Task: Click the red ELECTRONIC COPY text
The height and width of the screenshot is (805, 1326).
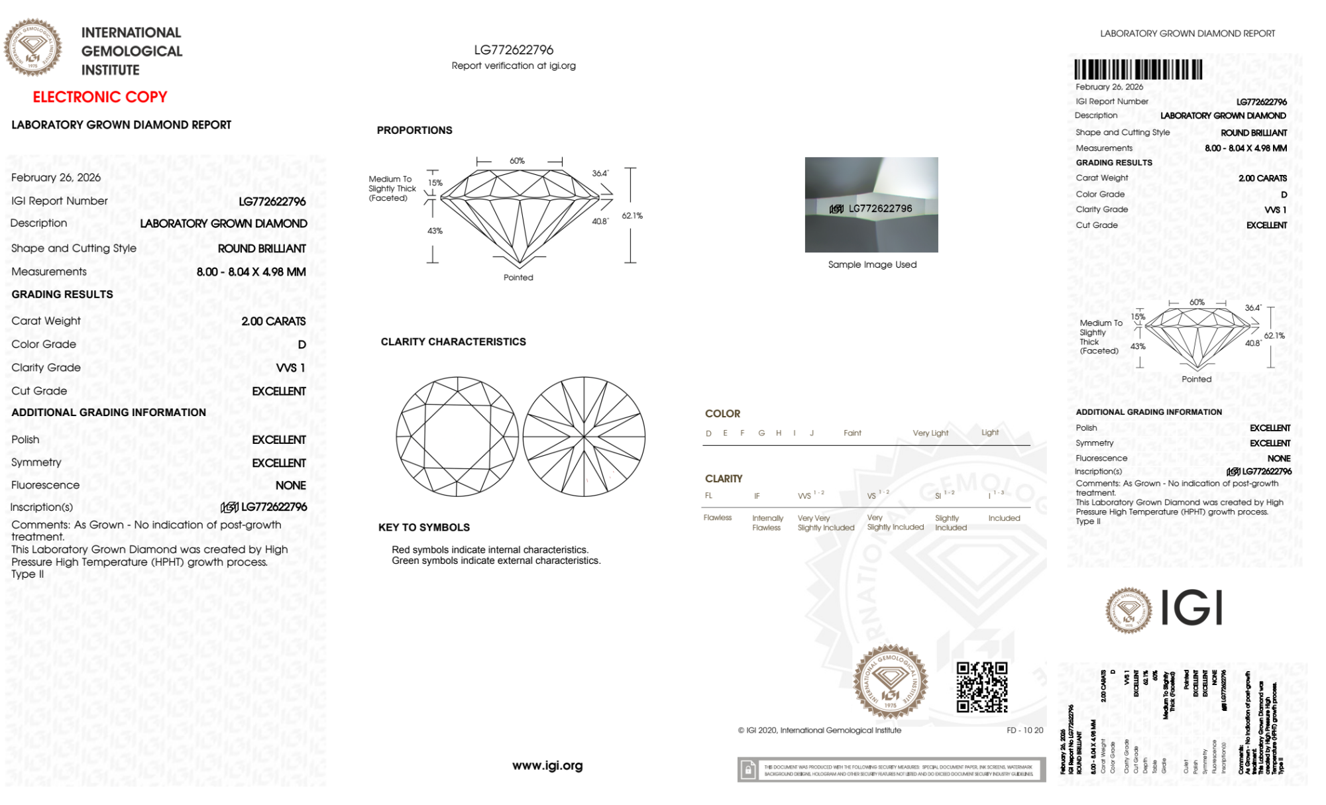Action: point(100,97)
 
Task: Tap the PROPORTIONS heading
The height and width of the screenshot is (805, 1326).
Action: point(414,131)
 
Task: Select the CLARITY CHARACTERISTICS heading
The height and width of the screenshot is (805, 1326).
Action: point(453,342)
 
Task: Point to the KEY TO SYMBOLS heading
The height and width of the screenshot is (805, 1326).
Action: point(424,527)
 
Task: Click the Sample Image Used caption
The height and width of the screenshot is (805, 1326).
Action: point(872,264)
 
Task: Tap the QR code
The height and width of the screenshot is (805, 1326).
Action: point(981,686)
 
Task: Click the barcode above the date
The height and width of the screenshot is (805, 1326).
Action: point(1138,70)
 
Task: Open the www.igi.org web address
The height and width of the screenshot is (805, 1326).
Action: point(547,765)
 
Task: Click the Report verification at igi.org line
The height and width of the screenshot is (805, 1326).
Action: point(514,66)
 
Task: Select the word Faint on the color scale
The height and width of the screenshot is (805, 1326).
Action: point(852,433)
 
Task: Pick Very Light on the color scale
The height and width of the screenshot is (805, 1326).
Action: point(930,433)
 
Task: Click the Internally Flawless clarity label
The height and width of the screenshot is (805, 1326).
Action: point(767,523)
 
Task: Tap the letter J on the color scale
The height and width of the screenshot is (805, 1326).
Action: point(812,433)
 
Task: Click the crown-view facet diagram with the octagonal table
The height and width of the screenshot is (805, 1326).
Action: point(457,437)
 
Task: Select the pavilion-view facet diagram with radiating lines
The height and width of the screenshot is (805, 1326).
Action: point(584,437)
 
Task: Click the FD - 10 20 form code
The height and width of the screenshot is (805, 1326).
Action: point(1024,730)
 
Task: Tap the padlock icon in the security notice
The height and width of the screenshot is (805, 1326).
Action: point(748,770)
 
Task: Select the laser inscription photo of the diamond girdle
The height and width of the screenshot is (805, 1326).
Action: point(871,205)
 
